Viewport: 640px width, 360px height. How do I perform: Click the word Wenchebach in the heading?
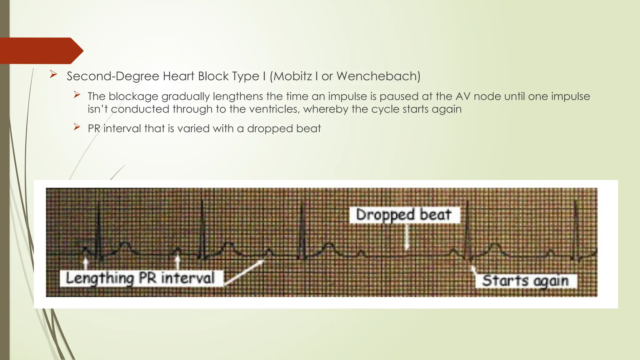pyautogui.click(x=378, y=76)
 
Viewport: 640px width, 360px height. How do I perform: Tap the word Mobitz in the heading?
pyautogui.click(x=293, y=76)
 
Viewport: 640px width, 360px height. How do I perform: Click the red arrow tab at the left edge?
pyautogui.click(x=41, y=51)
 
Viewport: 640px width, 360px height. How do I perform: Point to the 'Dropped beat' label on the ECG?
pyautogui.click(x=404, y=215)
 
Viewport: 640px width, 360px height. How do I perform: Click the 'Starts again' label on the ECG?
pyautogui.click(x=525, y=281)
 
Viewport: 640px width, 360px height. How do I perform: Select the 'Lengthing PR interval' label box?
pyautogui.click(x=141, y=278)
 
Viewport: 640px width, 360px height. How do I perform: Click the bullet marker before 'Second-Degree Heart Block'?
pyautogui.click(x=53, y=75)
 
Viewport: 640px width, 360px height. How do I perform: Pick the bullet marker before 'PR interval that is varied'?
pyautogui.click(x=77, y=127)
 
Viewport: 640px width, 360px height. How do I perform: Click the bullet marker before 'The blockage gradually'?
pyautogui.click(x=77, y=95)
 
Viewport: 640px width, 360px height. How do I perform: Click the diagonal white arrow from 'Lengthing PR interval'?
pyautogui.click(x=244, y=272)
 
